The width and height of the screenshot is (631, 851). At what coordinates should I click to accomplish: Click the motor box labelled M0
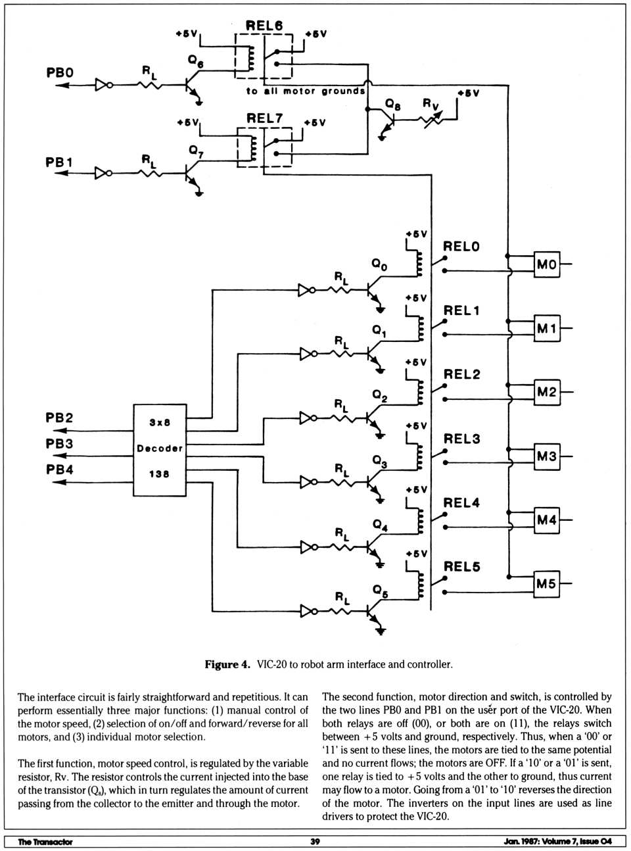click(547, 264)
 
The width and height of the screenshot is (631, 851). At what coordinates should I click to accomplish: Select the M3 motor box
click(547, 456)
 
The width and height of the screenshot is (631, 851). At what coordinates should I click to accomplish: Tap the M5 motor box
click(546, 583)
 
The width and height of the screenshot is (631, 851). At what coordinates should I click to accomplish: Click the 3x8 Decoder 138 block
click(160, 449)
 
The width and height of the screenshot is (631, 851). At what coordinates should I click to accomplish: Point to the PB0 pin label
click(60, 72)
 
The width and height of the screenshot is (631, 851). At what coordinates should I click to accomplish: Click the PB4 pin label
click(60, 470)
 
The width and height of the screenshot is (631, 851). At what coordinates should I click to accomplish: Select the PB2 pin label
click(60, 418)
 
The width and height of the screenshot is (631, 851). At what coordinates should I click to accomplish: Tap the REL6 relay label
click(264, 26)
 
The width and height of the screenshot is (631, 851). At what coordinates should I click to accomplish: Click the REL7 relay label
click(265, 118)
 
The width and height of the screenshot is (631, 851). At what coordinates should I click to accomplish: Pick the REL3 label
click(461, 439)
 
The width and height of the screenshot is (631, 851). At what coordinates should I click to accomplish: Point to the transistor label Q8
click(393, 104)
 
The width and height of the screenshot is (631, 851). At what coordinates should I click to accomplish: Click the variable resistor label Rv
click(431, 104)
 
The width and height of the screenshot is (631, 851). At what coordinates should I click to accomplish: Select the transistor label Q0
click(380, 264)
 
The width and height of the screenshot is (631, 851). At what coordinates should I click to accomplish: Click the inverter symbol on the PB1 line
click(103, 173)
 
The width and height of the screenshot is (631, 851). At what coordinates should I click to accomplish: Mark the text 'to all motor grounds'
click(306, 91)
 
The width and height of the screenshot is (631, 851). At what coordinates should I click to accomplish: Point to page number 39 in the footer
click(315, 841)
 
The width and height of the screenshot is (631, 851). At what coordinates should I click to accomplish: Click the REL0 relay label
click(461, 247)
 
